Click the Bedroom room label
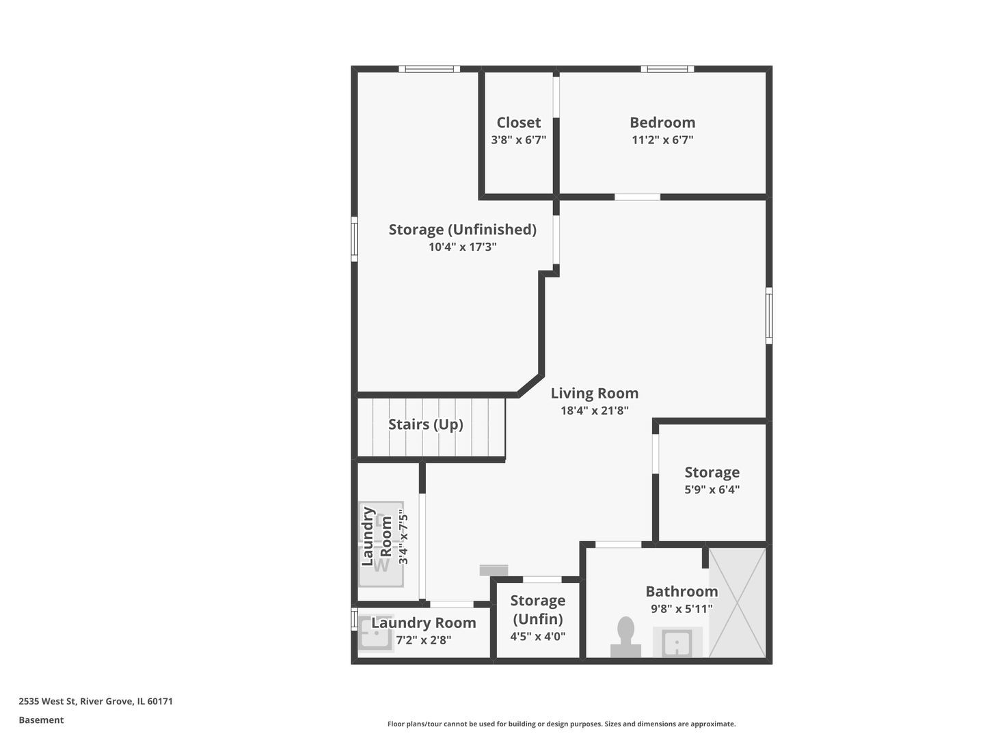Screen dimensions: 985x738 point(662,122)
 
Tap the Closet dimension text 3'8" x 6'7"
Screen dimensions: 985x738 point(518,140)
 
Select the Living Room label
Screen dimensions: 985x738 point(594,394)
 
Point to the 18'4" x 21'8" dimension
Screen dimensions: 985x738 point(594,411)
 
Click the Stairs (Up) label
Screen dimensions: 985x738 point(425,424)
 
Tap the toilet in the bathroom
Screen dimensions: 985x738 point(625,637)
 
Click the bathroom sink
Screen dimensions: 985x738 point(677,642)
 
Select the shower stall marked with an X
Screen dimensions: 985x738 point(738,603)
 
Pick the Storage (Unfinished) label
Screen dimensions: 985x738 point(462,230)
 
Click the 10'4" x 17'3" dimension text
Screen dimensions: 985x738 point(462,247)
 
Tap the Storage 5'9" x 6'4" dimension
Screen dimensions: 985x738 point(712,489)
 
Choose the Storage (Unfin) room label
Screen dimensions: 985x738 point(537,610)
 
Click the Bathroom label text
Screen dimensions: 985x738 point(682,592)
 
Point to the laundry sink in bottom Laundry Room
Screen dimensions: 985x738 point(376,632)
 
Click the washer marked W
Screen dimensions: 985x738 point(381,566)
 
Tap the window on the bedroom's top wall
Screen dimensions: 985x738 point(667,69)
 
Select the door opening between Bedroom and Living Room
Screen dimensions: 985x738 point(637,197)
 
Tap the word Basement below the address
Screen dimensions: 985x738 point(41,720)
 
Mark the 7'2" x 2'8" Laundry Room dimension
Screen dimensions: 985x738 point(423,640)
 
